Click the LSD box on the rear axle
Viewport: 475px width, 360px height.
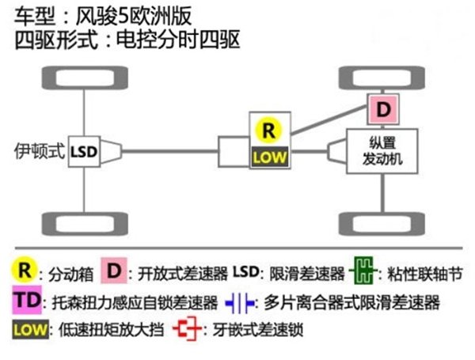click(x=83, y=150)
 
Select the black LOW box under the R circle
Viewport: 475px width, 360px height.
click(x=268, y=157)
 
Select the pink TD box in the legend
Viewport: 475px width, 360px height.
click(x=26, y=301)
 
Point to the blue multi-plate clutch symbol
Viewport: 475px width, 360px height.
click(x=240, y=302)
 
